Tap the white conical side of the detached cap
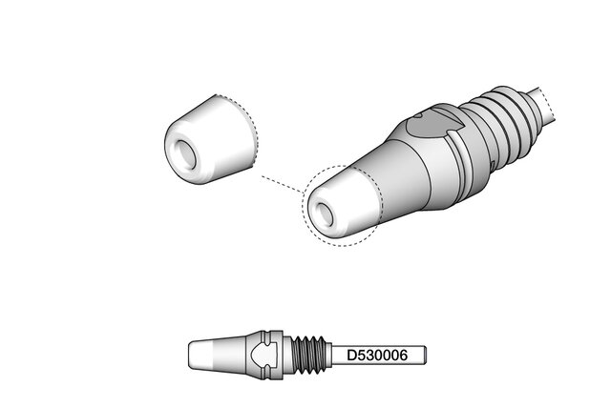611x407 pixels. pyautogui.click(x=222, y=136)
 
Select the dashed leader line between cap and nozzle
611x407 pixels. pyautogui.click(x=282, y=184)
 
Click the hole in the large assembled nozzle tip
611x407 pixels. pyautogui.click(x=325, y=214)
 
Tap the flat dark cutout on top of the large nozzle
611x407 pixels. pyautogui.click(x=432, y=125)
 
